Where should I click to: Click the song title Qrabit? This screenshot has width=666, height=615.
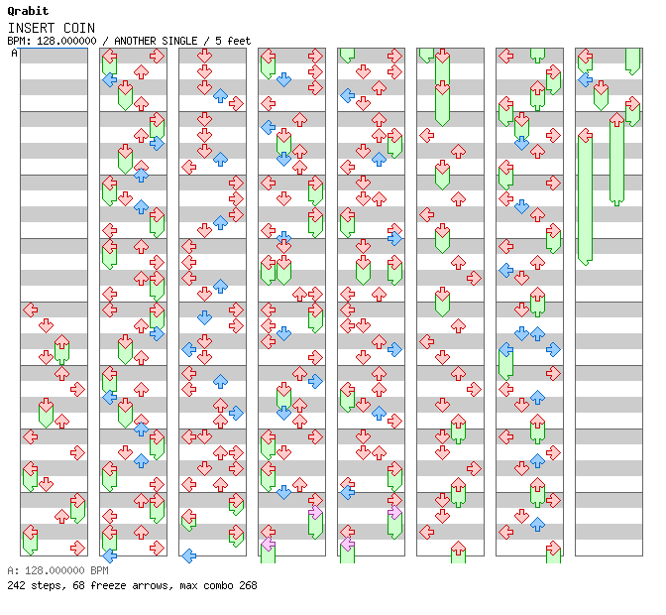pyautogui.click(x=27, y=11)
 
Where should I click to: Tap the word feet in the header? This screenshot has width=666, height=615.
pyautogui.click(x=239, y=41)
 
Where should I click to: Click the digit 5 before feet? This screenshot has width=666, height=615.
pyautogui.click(x=218, y=41)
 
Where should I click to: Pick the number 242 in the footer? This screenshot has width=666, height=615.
pyautogui.click(x=16, y=585)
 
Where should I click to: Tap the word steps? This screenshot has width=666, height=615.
pyautogui.click(x=46, y=585)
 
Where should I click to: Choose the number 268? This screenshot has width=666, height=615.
pyautogui.click(x=248, y=585)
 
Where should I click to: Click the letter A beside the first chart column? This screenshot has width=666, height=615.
pyautogui.click(x=15, y=54)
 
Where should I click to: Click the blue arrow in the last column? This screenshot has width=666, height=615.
pyautogui.click(x=585, y=79)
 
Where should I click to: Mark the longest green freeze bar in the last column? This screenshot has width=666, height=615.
pyautogui.click(x=585, y=198)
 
